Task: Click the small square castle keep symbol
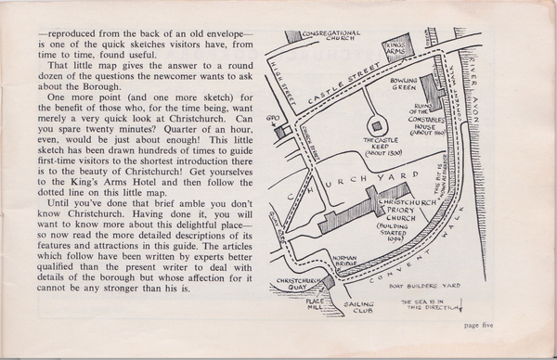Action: [378, 123]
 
